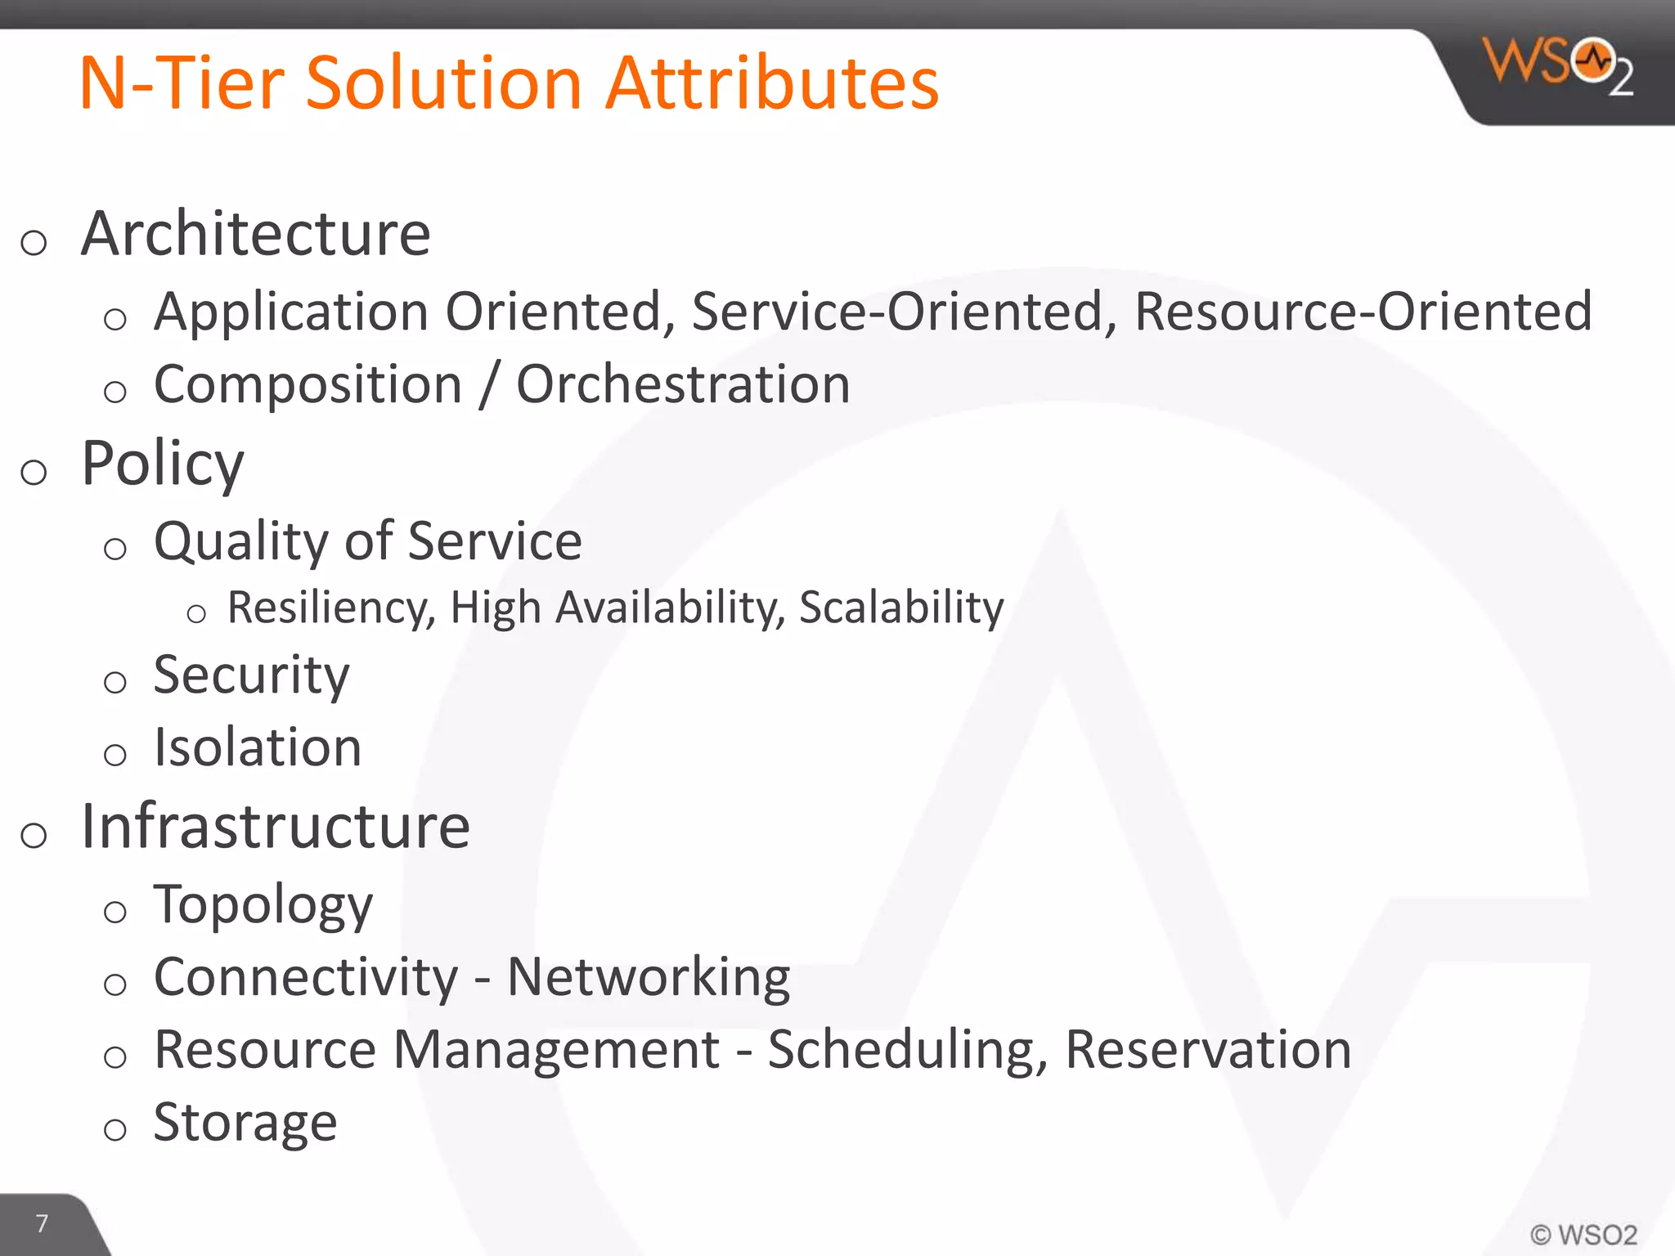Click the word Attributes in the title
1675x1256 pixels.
point(772,83)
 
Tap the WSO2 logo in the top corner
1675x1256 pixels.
point(1557,65)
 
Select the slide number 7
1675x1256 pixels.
point(42,1223)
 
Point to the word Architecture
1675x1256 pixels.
point(256,234)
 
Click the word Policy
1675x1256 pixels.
point(163,464)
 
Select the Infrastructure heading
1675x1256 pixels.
point(276,827)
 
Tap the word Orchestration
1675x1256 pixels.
point(683,384)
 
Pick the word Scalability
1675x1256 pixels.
point(901,608)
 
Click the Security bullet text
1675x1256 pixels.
point(251,675)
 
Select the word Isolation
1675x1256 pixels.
point(258,747)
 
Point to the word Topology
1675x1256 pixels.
point(263,905)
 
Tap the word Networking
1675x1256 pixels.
point(649,977)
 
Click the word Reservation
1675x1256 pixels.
point(1208,1050)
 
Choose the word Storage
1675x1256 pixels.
point(245,1122)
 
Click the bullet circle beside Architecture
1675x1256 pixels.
point(34,243)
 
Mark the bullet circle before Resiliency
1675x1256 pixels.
point(196,613)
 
